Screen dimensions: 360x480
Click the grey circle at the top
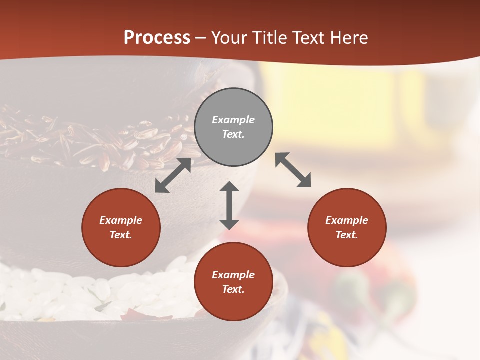[x=233, y=127]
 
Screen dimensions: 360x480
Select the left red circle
[x=121, y=227]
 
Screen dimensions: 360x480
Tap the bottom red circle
[x=233, y=282]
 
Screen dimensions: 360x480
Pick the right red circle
[x=347, y=227]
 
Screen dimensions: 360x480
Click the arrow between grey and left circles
[x=173, y=175]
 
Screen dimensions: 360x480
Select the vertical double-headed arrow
[x=229, y=205]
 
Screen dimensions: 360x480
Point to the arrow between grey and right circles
[x=293, y=170]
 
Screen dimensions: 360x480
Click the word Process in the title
[x=157, y=37]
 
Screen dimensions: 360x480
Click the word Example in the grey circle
[x=233, y=120]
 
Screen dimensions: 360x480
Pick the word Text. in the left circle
[x=121, y=235]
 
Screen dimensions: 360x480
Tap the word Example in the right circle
[x=347, y=220]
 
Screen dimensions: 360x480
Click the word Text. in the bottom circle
[x=233, y=289]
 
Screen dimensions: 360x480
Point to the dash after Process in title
[x=201, y=38]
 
